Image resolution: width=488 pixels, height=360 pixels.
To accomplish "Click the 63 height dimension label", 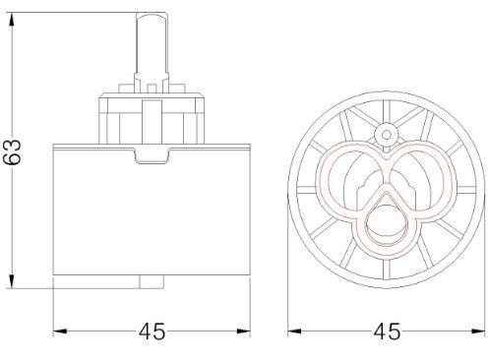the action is (x=12, y=151).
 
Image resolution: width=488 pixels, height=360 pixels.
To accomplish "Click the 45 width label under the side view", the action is (x=152, y=331).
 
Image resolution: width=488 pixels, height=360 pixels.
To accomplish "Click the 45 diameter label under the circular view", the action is (x=387, y=331).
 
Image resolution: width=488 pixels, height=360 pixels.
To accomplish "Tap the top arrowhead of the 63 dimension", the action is (x=12, y=20).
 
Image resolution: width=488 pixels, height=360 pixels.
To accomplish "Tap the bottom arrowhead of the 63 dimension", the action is (x=12, y=281).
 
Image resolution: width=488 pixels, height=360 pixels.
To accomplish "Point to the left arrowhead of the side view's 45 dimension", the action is (x=60, y=331).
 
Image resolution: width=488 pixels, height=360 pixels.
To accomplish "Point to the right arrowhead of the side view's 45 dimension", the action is (x=243, y=331).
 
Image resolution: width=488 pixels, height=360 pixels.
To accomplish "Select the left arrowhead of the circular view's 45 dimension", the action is (x=295, y=331).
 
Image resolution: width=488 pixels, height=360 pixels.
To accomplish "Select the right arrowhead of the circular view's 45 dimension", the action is (x=477, y=331).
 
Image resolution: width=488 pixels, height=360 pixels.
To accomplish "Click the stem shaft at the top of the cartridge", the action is (x=152, y=46).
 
